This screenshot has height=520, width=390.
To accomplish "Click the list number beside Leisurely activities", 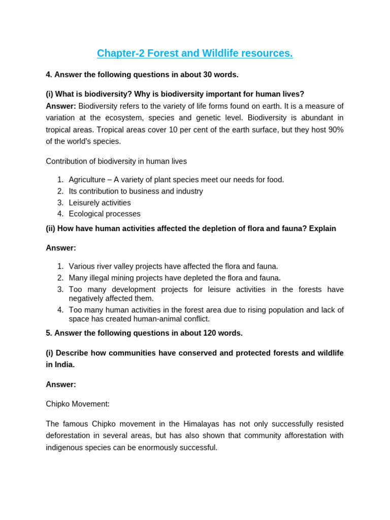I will coord(60,203).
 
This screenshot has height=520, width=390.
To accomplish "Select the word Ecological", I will coord(87,214).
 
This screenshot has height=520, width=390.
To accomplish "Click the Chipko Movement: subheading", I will coord(78,404).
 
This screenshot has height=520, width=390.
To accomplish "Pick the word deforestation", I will coord(67,435).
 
